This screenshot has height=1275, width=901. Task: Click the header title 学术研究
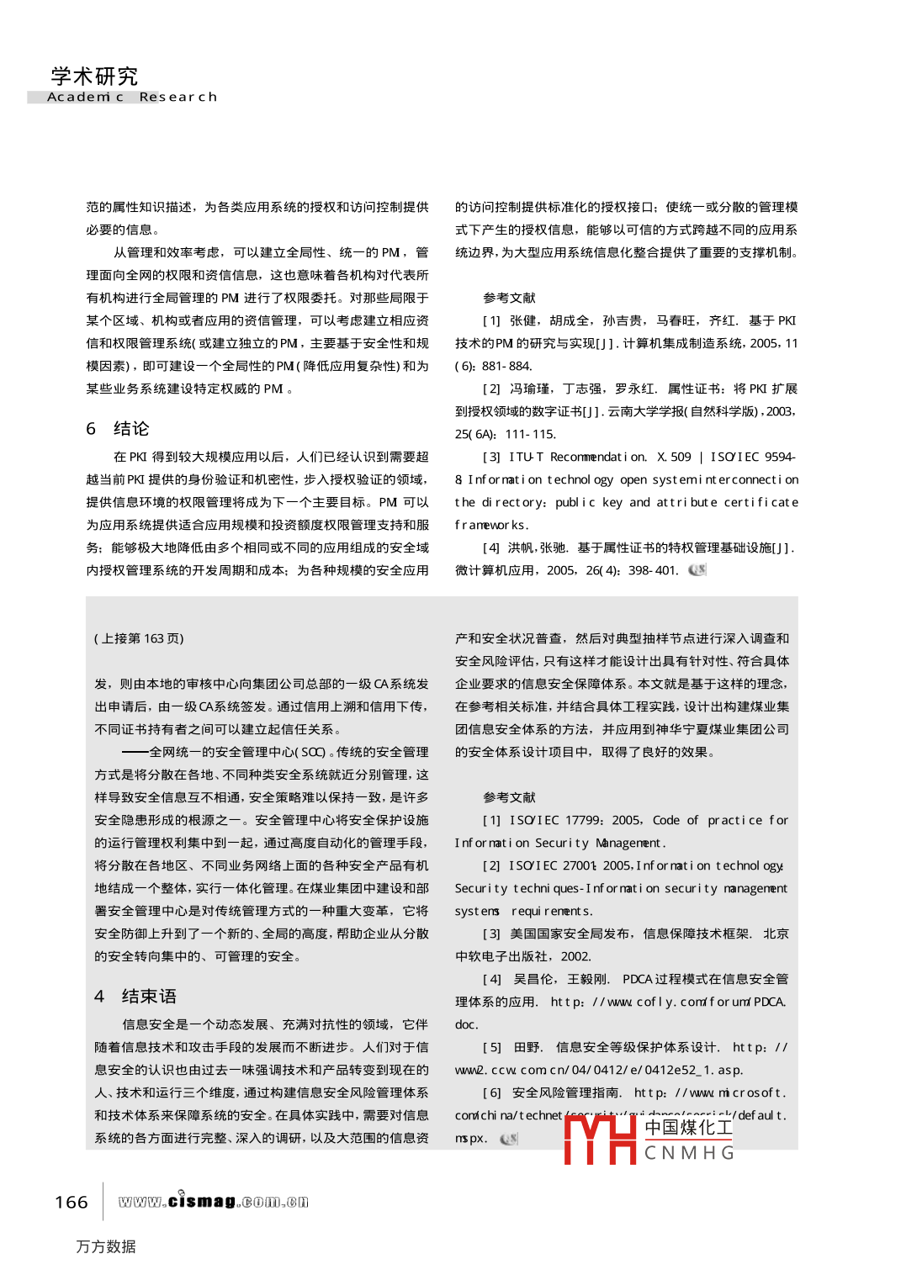[94, 77]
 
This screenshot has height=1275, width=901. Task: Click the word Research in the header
[178, 98]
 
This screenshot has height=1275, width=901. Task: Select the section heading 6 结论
[118, 429]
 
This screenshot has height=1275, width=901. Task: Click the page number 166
[72, 1203]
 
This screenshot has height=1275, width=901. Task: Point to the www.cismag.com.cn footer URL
[213, 1201]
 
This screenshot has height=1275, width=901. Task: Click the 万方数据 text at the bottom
[106, 1246]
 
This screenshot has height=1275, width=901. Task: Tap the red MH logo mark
[600, 1140]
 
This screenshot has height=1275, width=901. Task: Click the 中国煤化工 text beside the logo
[689, 1128]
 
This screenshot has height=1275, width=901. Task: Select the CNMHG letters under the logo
[689, 1153]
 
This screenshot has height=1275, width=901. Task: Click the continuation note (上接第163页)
[139, 638]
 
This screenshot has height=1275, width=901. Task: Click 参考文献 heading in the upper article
[509, 298]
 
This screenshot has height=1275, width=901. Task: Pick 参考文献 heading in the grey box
[509, 797]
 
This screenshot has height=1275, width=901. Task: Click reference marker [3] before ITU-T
[491, 457]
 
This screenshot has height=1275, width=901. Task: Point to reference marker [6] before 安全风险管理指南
[491, 1092]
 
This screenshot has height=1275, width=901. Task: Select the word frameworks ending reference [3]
[492, 525]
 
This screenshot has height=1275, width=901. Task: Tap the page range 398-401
[653, 570]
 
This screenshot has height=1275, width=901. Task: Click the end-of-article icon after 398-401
[697, 570]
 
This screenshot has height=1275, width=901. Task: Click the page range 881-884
[506, 366]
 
